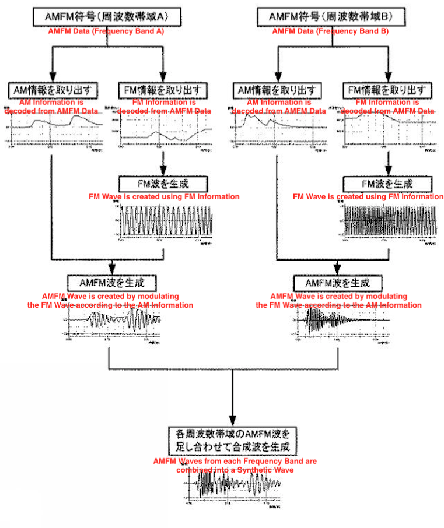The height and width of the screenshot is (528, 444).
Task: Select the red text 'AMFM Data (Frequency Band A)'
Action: pyautogui.click(x=106, y=31)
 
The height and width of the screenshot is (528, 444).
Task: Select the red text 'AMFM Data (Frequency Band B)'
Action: pyautogui.click(x=330, y=31)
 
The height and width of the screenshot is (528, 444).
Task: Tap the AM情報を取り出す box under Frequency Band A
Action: pyautogui.click(x=53, y=90)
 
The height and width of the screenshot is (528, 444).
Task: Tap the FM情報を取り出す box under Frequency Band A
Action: pyautogui.click(x=163, y=90)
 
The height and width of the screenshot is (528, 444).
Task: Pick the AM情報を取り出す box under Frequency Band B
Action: pyautogui.click(x=278, y=91)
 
